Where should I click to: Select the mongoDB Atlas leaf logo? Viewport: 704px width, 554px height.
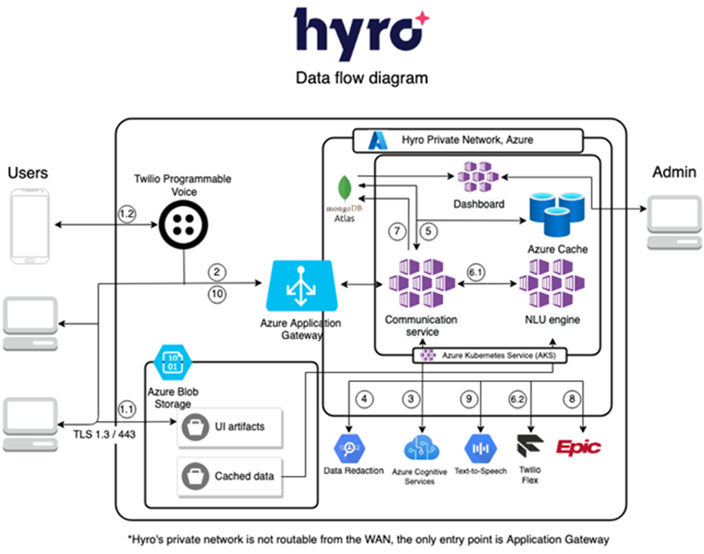(x=343, y=187)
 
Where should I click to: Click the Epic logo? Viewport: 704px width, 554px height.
(x=578, y=448)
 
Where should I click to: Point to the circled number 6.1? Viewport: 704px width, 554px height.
(x=475, y=271)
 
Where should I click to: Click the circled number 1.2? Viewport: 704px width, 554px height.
(x=127, y=214)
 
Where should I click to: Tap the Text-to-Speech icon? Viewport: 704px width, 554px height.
(x=480, y=449)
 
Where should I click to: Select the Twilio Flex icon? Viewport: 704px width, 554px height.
(x=529, y=447)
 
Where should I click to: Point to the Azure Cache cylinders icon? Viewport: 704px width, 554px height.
(x=557, y=212)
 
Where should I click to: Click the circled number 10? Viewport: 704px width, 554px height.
(x=217, y=295)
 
